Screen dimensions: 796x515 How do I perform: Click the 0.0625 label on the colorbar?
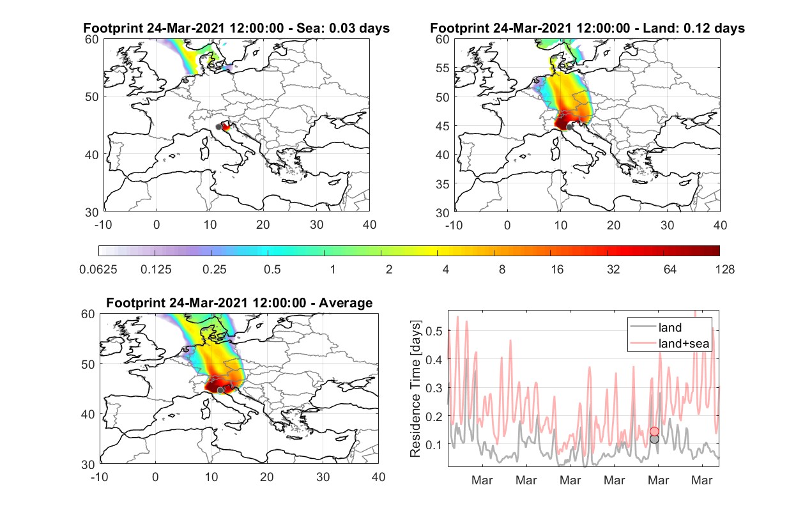[x=98, y=270]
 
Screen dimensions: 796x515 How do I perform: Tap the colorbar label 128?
[x=724, y=270]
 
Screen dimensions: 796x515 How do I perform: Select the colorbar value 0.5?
[x=272, y=270]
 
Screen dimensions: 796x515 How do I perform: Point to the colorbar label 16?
[x=557, y=270]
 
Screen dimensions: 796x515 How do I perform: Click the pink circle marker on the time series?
[x=654, y=431]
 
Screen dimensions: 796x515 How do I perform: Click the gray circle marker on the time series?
[x=654, y=440]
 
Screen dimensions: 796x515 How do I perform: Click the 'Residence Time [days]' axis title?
[x=415, y=389]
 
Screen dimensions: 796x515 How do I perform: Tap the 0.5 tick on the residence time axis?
[x=434, y=331]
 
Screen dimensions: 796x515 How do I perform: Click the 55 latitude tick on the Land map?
[x=443, y=68]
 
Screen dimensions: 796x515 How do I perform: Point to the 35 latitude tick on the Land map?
[x=443, y=184]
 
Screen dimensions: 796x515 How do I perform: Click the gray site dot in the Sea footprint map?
[x=218, y=127]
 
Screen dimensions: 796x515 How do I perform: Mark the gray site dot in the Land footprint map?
[x=569, y=127]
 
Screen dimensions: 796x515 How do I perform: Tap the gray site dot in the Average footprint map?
[x=220, y=390]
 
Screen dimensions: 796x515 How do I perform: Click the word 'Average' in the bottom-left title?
[x=346, y=303]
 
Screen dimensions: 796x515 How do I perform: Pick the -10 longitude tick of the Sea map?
[x=103, y=225]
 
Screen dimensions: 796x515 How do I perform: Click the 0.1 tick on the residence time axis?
[x=434, y=445]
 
